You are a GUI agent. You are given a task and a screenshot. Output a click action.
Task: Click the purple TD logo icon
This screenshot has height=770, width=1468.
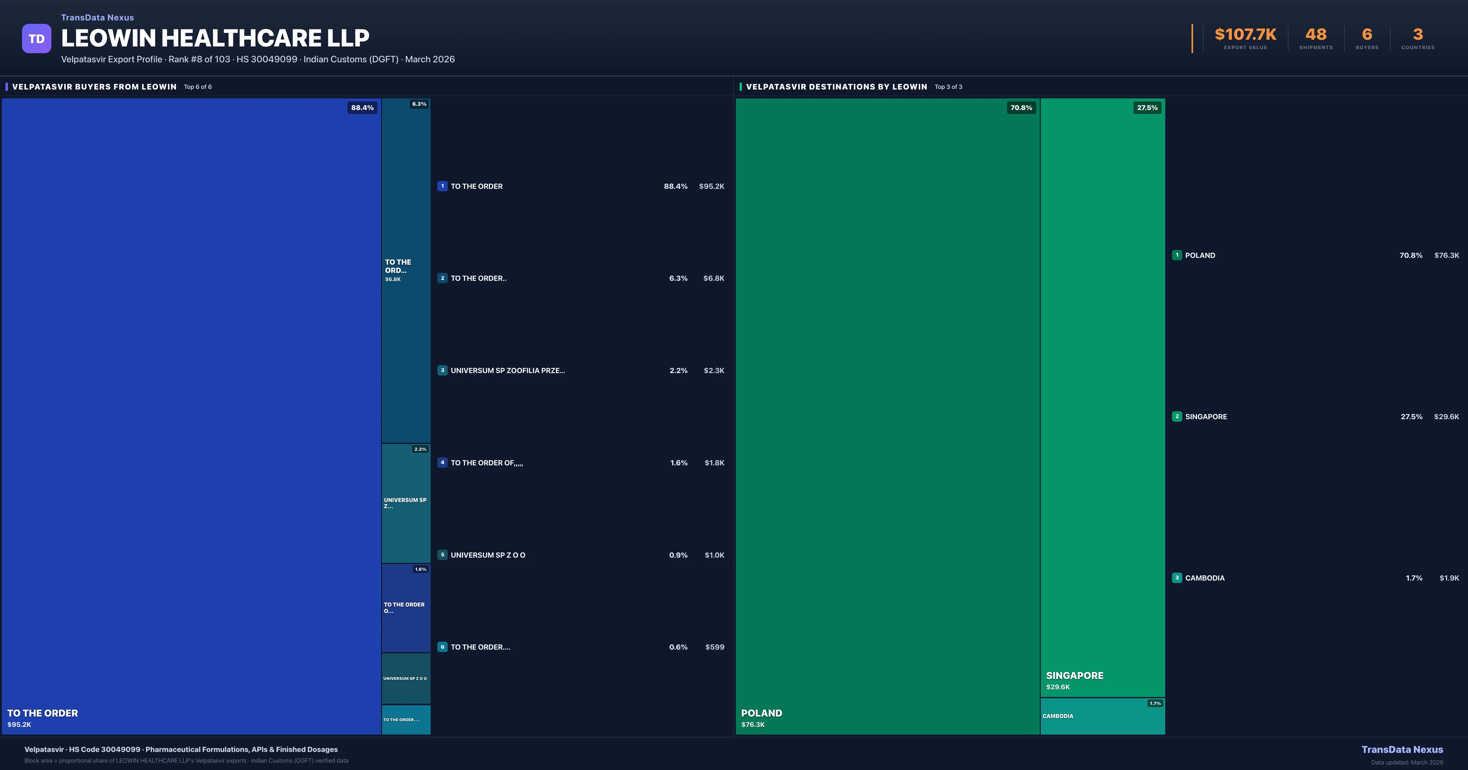pyautogui.click(x=36, y=39)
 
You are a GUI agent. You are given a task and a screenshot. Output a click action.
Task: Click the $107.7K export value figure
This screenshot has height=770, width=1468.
pyautogui.click(x=1245, y=35)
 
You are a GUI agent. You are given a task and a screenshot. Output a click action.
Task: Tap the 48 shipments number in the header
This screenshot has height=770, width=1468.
pyautogui.click(x=1316, y=35)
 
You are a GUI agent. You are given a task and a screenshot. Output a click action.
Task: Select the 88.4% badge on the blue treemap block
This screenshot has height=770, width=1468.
pyautogui.click(x=362, y=108)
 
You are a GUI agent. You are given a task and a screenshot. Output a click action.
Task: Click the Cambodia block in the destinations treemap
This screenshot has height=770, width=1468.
pyautogui.click(x=1102, y=717)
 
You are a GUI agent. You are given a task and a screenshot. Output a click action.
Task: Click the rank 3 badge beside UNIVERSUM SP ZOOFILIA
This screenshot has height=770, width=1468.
pyautogui.click(x=442, y=370)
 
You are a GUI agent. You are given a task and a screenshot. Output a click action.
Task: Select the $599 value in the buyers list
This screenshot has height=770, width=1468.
pyautogui.click(x=715, y=647)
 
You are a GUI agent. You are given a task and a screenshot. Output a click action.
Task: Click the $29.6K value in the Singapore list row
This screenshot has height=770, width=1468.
pyautogui.click(x=1446, y=417)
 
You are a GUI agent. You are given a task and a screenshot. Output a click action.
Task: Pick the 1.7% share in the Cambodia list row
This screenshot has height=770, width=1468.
pyautogui.click(x=1414, y=578)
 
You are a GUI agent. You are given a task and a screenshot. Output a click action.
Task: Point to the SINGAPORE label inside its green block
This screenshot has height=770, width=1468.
pyautogui.click(x=1074, y=676)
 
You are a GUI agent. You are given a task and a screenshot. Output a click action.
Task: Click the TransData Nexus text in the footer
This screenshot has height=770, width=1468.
pyautogui.click(x=1402, y=750)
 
